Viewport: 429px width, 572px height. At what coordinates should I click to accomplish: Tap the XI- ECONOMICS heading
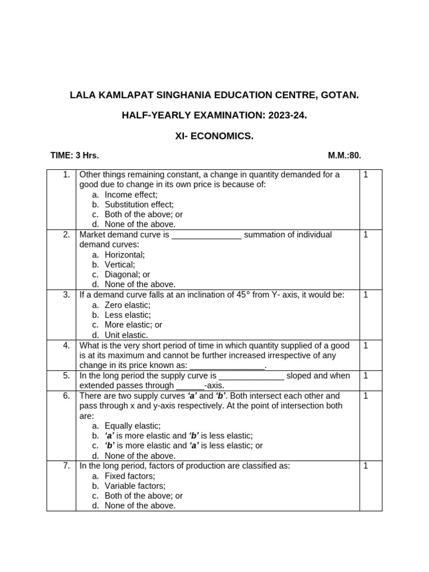(214, 136)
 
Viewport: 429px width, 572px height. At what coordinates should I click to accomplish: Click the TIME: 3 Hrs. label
(75, 156)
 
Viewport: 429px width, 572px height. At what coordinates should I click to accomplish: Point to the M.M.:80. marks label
(348, 156)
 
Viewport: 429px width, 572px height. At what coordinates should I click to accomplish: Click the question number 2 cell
(66, 235)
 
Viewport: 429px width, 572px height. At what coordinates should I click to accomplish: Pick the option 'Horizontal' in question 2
(125, 255)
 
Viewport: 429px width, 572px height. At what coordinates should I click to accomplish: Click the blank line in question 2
(207, 235)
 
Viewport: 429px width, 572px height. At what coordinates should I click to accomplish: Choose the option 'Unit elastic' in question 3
(126, 335)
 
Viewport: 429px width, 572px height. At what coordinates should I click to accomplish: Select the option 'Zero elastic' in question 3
(127, 305)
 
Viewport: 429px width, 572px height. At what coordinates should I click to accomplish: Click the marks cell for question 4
(366, 345)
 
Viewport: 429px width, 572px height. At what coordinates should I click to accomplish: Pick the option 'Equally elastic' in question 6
(132, 426)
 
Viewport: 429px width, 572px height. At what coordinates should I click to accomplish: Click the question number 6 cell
(66, 395)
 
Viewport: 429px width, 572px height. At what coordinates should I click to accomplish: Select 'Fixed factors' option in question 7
(130, 476)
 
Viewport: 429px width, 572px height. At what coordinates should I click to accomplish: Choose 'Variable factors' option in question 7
(135, 486)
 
